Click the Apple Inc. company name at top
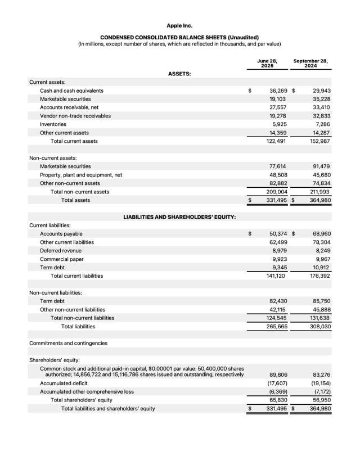[x=179, y=25]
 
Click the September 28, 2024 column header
[x=310, y=63]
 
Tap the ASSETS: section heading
[x=179, y=74]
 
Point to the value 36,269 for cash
[x=278, y=91]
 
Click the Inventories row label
[x=53, y=124]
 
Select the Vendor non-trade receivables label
[x=75, y=116]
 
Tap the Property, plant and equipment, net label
[x=81, y=175]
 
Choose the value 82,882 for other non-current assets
[x=278, y=183]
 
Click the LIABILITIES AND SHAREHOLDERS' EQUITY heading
[x=179, y=217]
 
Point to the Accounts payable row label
[x=61, y=234]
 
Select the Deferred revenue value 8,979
[x=280, y=251]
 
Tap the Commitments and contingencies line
[x=68, y=343]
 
